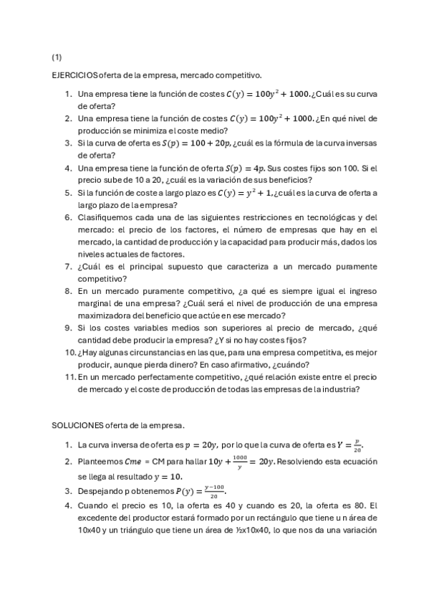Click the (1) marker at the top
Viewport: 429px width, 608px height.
(57, 56)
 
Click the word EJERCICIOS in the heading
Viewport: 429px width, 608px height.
(74, 75)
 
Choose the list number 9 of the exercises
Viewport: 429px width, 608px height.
(68, 328)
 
